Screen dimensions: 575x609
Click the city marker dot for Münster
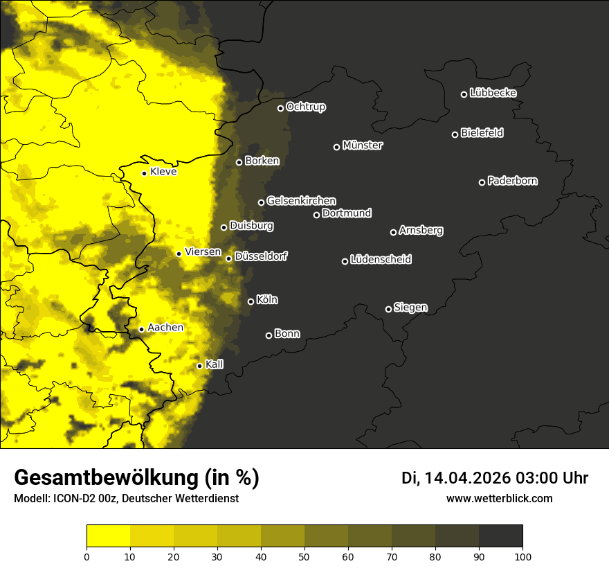pyautogui.click(x=337, y=147)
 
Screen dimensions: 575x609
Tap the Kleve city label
pyautogui.click(x=163, y=172)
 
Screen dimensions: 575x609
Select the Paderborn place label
pyautogui.click(x=512, y=181)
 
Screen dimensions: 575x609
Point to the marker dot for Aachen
pyautogui.click(x=142, y=329)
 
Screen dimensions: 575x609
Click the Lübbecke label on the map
pyautogui.click(x=493, y=93)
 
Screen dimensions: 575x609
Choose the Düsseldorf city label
pyautogui.click(x=260, y=256)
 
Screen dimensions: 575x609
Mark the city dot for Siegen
pyautogui.click(x=388, y=309)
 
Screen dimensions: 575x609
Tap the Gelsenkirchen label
pyautogui.click(x=301, y=201)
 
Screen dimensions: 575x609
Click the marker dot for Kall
pyautogui.click(x=199, y=366)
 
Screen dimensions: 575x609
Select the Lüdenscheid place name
pyautogui.click(x=381, y=260)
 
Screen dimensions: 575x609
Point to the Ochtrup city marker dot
pyautogui.click(x=280, y=108)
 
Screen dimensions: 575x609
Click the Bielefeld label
pyautogui.click(x=482, y=133)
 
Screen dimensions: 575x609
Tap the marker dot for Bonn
pyautogui.click(x=269, y=335)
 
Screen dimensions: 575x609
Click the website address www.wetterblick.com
pyautogui.click(x=499, y=498)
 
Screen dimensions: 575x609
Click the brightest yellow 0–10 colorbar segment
pyautogui.click(x=108, y=536)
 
